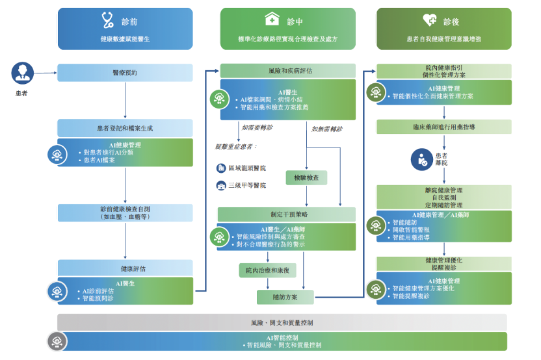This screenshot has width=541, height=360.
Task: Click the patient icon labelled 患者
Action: [22, 73]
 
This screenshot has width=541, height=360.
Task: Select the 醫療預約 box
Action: [125, 73]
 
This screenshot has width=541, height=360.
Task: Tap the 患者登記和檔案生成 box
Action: [125, 128]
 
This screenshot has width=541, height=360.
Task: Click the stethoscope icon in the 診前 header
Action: [109, 19]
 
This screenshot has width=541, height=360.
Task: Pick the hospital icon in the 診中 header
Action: [271, 19]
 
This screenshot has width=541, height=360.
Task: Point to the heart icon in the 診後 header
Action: [430, 19]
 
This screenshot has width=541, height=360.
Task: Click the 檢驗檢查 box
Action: [306, 177]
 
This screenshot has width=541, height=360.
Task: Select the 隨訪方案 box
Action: [285, 296]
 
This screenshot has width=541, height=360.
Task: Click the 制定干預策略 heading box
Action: [286, 214]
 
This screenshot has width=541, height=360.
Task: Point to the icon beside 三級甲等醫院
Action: [221, 185]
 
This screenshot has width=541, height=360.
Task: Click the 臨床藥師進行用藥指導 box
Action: [444, 127]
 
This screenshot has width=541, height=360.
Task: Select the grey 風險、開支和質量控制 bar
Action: [282, 322]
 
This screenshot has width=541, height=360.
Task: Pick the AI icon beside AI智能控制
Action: [57, 341]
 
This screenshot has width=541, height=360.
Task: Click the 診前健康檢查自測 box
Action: [125, 212]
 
